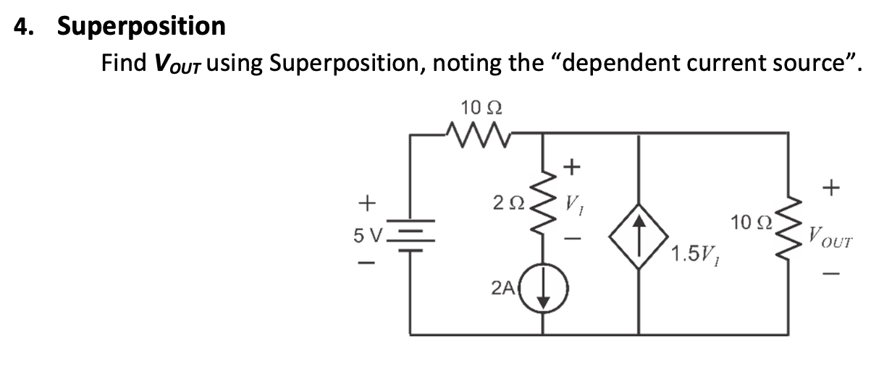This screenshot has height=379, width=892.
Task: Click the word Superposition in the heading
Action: pyautogui.click(x=141, y=27)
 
